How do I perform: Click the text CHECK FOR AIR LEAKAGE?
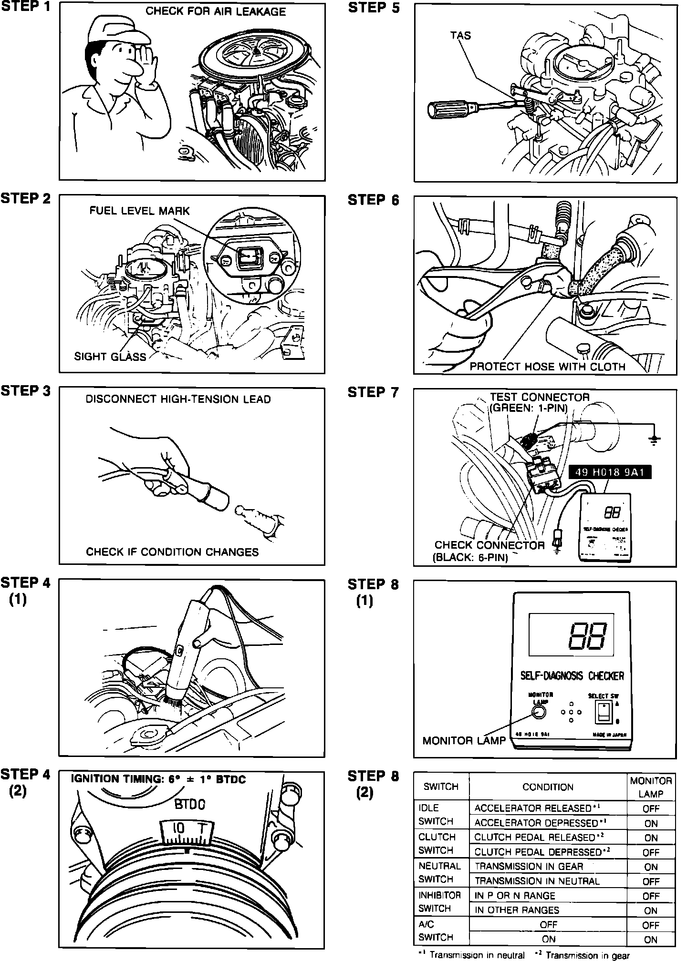tap(216, 11)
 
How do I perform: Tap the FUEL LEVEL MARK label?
tap(139, 211)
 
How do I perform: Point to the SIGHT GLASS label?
tap(110, 357)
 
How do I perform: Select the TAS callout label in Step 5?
tap(460, 35)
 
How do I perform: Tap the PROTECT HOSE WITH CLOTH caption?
tap(547, 367)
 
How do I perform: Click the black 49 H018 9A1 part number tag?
tap(610, 472)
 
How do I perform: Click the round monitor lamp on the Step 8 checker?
tap(539, 712)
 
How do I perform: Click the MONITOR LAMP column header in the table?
tap(651, 787)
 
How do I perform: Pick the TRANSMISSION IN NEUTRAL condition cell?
tap(537, 881)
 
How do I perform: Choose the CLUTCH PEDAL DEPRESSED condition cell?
tap(541, 852)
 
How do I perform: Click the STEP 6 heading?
tap(373, 200)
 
